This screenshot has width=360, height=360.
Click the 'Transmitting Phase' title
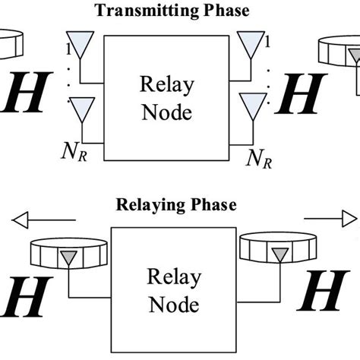[x=180, y=10]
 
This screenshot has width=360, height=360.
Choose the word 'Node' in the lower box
[x=174, y=305]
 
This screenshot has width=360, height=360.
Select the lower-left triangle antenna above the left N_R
[x=78, y=112]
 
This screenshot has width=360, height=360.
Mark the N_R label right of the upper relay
[x=260, y=157]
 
